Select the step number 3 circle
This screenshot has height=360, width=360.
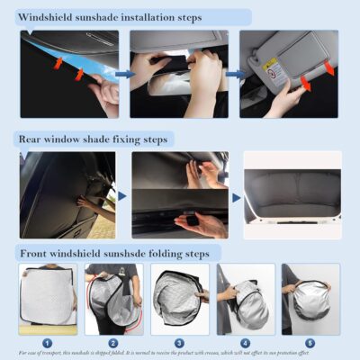tap(179, 341)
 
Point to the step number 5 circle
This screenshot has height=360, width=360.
tap(310, 341)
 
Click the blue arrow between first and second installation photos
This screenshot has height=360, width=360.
tap(121, 74)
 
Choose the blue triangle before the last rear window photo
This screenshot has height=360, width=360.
tap(237, 196)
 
